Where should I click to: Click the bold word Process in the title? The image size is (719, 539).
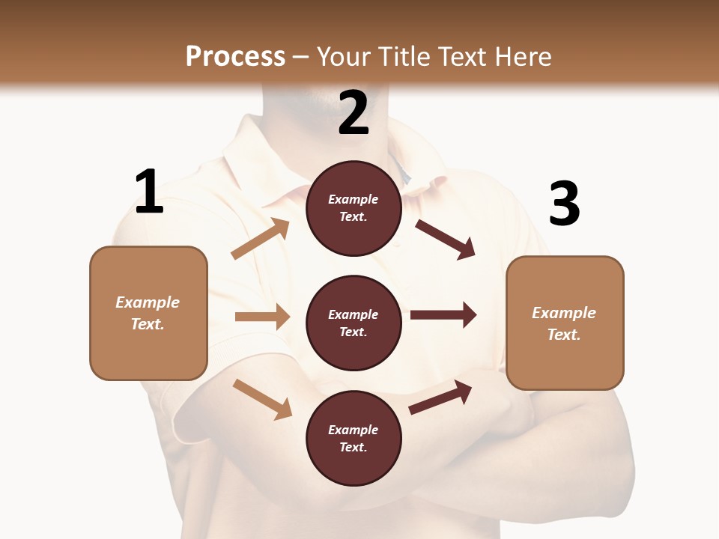coord(235,56)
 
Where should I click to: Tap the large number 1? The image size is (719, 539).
coord(149,192)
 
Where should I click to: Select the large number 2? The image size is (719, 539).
coord(354,112)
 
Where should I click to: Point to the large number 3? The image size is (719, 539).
coord(564,204)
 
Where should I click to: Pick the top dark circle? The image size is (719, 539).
coord(354,208)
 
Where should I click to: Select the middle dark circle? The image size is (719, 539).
coord(354,323)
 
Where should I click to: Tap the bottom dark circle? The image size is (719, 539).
coord(354,438)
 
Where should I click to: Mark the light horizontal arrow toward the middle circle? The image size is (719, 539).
coord(262,317)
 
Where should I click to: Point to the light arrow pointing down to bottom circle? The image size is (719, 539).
coord(262,398)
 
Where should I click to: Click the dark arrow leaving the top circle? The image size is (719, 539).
coord(445,239)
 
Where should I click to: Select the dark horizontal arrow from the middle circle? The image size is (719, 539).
coord(443,315)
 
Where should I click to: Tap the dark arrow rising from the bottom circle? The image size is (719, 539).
coord(440,397)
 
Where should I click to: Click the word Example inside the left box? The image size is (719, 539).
coord(148,302)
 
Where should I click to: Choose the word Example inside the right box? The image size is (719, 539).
coord(564,313)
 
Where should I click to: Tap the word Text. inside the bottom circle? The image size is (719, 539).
coord(354,447)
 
